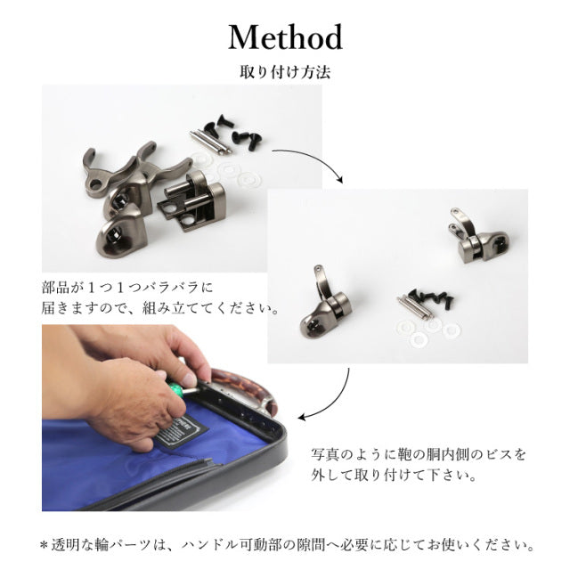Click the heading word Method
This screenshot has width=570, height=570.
point(285,37)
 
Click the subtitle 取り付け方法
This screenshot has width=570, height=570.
point(285,72)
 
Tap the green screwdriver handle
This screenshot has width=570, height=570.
point(178,388)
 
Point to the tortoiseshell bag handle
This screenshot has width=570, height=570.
point(243,387)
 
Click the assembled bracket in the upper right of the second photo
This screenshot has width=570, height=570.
point(480,236)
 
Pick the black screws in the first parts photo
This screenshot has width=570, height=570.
point(232,131)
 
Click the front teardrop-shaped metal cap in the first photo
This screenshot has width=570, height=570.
point(120,231)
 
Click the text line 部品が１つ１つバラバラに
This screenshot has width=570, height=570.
point(127,288)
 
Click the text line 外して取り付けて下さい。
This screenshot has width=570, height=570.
point(394,475)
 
